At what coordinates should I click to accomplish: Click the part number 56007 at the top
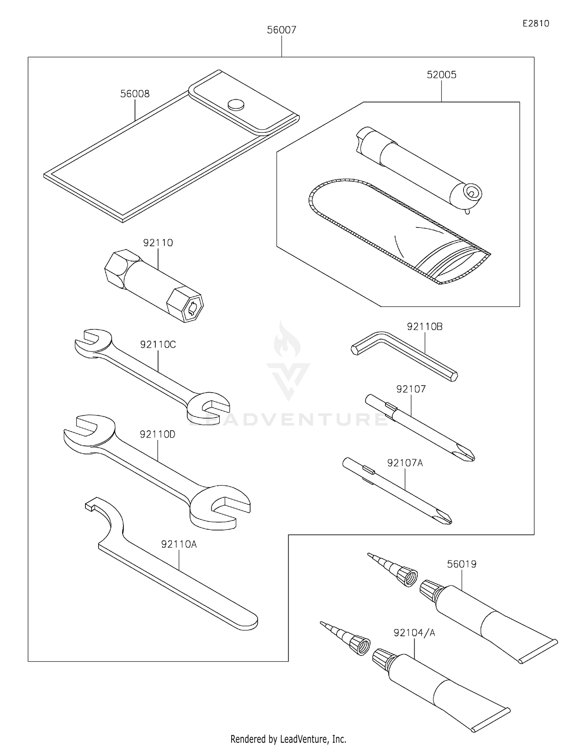[282, 30]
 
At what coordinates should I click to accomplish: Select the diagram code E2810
[535, 23]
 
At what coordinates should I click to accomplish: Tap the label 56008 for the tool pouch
[135, 94]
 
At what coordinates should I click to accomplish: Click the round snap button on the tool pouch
[236, 104]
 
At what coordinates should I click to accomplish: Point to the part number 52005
[441, 75]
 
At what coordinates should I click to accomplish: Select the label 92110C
[158, 345]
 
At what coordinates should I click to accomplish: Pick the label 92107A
[405, 463]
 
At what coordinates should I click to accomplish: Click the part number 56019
[461, 564]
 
